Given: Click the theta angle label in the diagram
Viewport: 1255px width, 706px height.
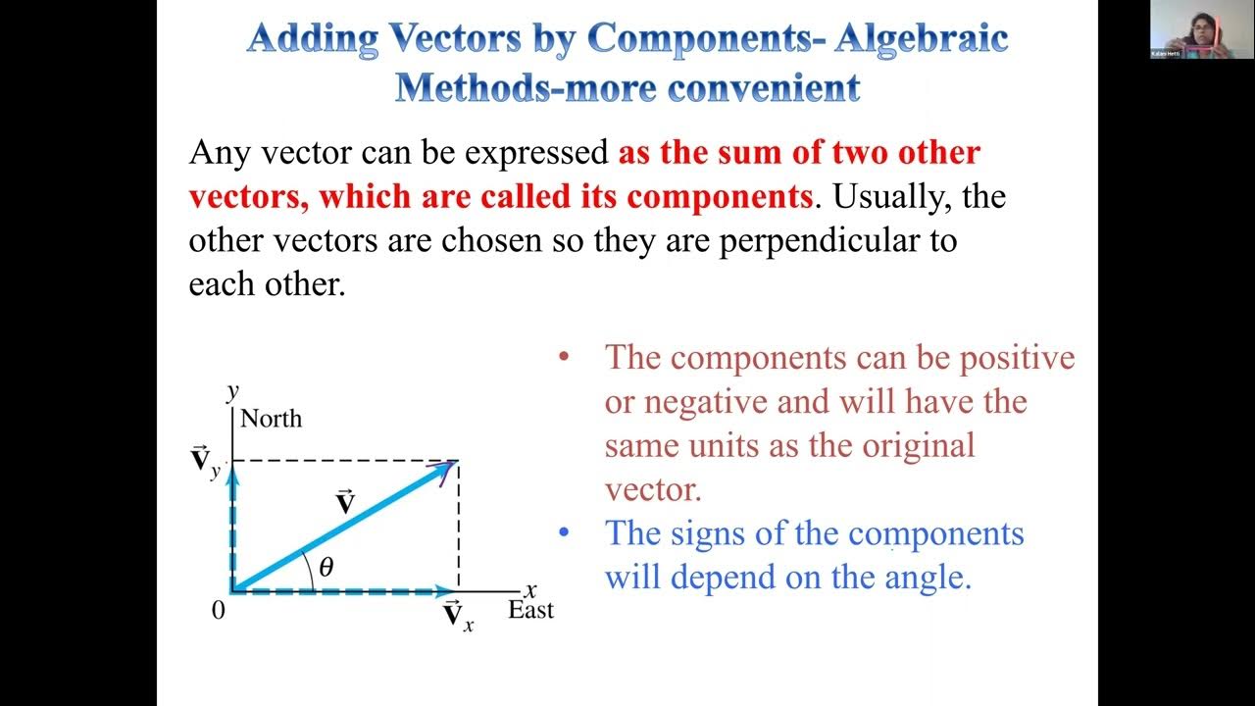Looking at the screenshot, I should pyautogui.click(x=326, y=566).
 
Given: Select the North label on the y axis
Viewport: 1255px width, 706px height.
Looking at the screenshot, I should pyautogui.click(x=271, y=419).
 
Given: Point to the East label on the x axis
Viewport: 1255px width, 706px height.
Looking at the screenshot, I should pyautogui.click(x=530, y=610).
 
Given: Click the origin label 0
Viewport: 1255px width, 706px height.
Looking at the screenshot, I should pyautogui.click(x=218, y=610).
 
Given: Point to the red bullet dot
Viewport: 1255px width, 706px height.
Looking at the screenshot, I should pyautogui.click(x=563, y=357).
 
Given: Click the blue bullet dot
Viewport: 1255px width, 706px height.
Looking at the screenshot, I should pyautogui.click(x=563, y=533).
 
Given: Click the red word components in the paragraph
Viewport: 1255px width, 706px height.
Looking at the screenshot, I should pyautogui.click(x=719, y=196).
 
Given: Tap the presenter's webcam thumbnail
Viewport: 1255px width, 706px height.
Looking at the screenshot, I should pyautogui.click(x=1202, y=28).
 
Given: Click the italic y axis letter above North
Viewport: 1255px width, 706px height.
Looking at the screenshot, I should pyautogui.click(x=233, y=392).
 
